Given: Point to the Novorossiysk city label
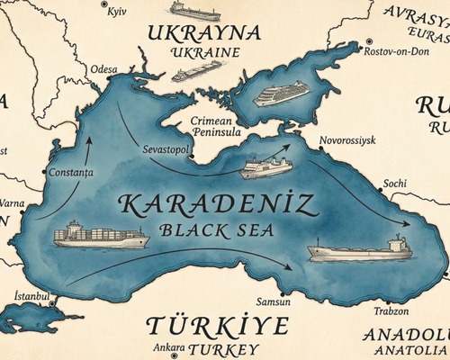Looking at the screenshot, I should coord(348,141).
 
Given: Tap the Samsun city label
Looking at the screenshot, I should coord(274,302).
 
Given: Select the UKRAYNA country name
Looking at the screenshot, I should coord(206,33).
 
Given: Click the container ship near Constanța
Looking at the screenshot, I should coord(100,235).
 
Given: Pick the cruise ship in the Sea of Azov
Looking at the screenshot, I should coord(282,94).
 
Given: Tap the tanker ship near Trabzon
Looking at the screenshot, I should coord(359,247).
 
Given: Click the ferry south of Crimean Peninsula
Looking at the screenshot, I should coord(265,167).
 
